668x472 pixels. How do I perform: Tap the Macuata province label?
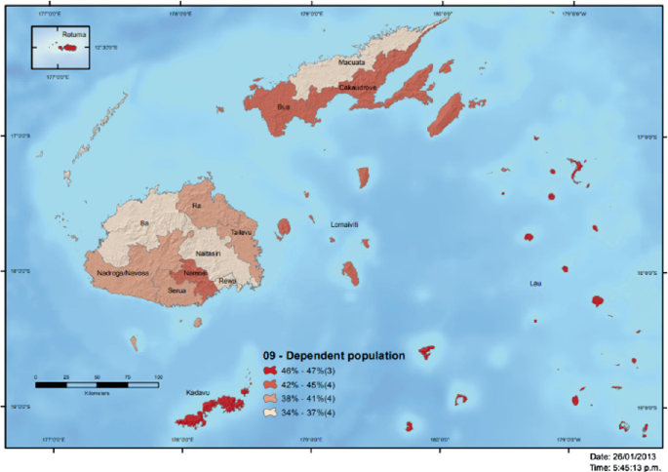(351, 62)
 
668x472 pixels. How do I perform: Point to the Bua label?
(284, 105)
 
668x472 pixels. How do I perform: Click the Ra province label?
(197, 206)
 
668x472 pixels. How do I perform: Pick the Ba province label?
(145, 223)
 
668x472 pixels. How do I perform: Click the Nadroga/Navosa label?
(124, 272)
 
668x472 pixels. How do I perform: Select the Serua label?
(177, 290)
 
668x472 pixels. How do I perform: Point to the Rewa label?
(227, 282)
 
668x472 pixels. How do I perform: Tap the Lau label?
(534, 283)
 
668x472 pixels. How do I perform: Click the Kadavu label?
(198, 394)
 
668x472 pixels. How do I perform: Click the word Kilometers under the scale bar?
(96, 393)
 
